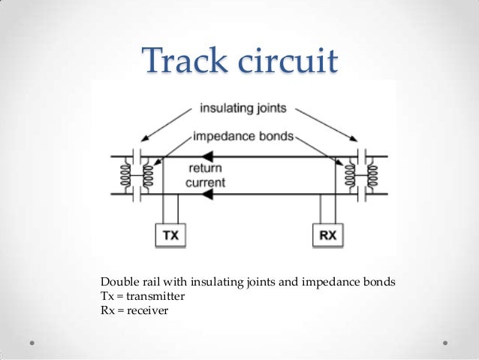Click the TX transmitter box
[171, 236]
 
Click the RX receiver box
[327, 236]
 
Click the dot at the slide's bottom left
[34, 341]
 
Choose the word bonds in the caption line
[378, 283]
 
